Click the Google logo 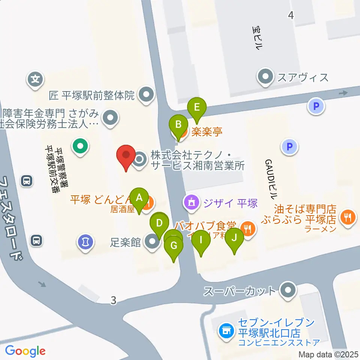(x=25, y=351)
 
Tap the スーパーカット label (x=240, y=291)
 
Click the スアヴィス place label (x=302, y=78)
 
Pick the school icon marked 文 (x=36, y=79)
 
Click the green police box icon (x=80, y=146)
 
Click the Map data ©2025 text (x=329, y=354)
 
